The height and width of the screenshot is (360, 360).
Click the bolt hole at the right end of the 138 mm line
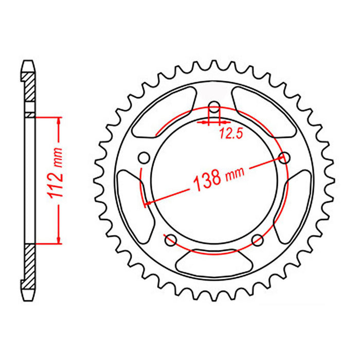282,158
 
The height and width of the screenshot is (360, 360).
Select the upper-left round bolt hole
145,157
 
